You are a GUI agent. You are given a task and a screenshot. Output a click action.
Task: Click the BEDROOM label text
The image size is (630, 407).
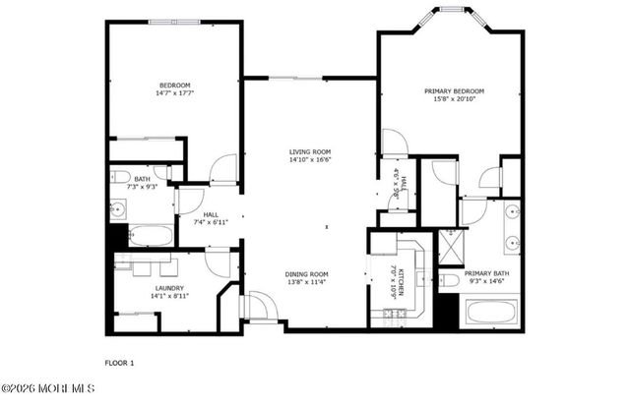tap(174, 87)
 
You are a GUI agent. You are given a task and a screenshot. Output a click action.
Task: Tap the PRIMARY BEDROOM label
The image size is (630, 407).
tap(454, 91)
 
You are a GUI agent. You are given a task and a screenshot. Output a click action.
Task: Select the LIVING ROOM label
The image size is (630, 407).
tap(309, 151)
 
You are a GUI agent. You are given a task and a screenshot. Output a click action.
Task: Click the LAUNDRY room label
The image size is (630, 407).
tap(169, 287)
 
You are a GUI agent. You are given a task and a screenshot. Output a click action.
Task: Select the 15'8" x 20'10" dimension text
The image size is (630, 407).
tap(454, 99)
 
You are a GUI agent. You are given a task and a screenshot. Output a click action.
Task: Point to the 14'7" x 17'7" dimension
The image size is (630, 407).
tap(174, 94)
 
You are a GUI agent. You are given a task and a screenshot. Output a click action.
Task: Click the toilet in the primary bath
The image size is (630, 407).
tap(447, 281)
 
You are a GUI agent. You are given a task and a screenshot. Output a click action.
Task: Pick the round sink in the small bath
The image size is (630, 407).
tap(119, 208)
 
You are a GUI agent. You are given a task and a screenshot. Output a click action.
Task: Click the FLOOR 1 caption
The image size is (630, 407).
tap(118, 363)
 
